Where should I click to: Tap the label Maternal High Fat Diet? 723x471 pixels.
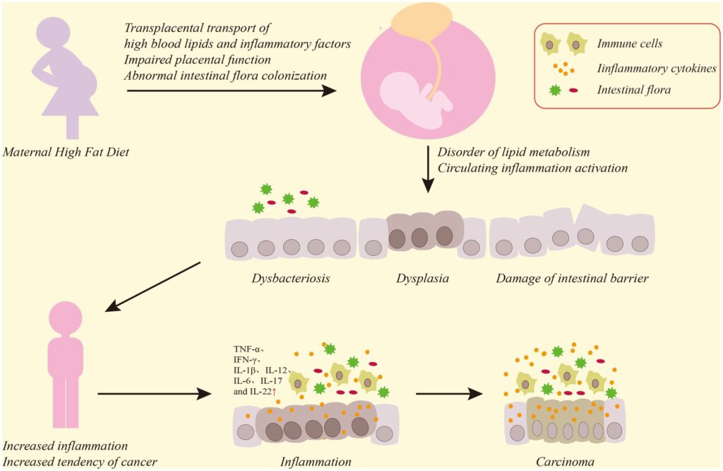pyautogui.click(x=66, y=152)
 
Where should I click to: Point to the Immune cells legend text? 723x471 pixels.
pyautogui.click(x=629, y=44)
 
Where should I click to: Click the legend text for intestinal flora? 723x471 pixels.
pyautogui.click(x=633, y=90)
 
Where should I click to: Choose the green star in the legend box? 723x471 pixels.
pyautogui.click(x=555, y=89)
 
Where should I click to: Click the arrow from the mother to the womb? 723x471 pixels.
pyautogui.click(x=232, y=91)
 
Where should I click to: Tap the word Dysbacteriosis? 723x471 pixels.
pyautogui.click(x=290, y=279)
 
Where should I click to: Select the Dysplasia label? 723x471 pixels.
pyautogui.click(x=422, y=279)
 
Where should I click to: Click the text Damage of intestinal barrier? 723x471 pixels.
pyautogui.click(x=572, y=279)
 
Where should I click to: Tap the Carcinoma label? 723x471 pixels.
pyautogui.click(x=565, y=462)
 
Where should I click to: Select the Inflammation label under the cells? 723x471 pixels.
pyautogui.click(x=316, y=462)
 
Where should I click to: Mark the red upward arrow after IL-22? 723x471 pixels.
pyautogui.click(x=274, y=392)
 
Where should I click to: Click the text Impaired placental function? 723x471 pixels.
pyautogui.click(x=198, y=59)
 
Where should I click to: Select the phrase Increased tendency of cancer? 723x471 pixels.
pyautogui.click(x=80, y=462)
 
